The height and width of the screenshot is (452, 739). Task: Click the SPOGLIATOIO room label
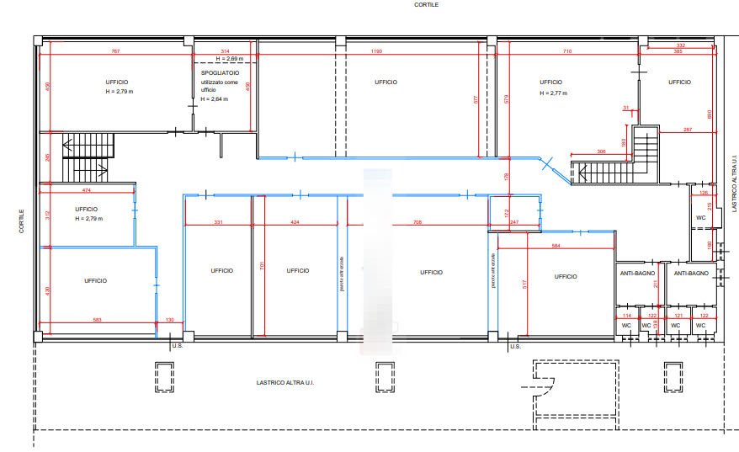point(219,74)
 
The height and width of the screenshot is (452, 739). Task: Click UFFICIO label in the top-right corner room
point(680,82)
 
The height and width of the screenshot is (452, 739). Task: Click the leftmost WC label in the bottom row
point(625,325)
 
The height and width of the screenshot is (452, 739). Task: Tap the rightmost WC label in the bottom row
point(699,325)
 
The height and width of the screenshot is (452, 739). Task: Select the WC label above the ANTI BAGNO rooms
point(700,218)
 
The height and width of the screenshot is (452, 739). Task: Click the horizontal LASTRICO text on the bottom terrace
point(284,383)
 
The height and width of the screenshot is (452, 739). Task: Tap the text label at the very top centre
point(425,5)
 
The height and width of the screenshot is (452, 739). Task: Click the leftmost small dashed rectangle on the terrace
point(164,376)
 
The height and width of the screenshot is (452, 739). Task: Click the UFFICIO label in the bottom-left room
point(95,281)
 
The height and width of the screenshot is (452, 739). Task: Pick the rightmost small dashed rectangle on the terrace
point(672,376)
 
